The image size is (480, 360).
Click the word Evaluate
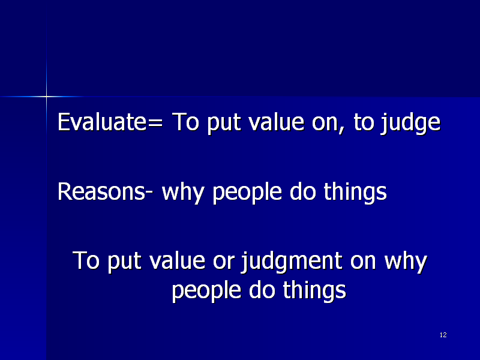coord(102,122)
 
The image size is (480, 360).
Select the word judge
coord(410,124)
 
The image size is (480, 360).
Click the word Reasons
coord(101,191)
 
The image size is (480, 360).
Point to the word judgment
coord(292,262)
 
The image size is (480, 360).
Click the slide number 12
coord(443,335)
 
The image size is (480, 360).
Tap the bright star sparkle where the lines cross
coord(47,97)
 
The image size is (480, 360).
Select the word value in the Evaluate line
coord(276,122)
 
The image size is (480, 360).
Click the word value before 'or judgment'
coord(177,260)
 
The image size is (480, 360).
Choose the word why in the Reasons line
coord(183,193)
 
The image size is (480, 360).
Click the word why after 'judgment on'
coord(406,262)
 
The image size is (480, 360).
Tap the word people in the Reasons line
coord(247,193)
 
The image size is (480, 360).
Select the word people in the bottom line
coord(206,291)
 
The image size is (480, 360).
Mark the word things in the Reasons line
coord(355,193)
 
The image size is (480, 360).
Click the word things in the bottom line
coord(314,291)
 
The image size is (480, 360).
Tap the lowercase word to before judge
coord(364,122)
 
